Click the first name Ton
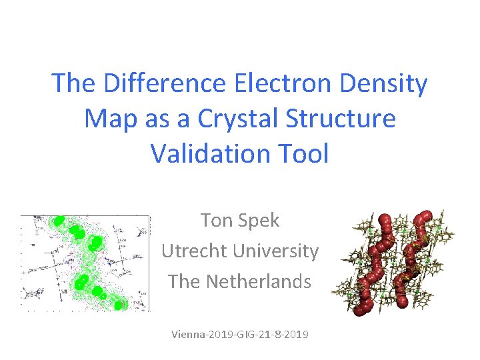[x=217, y=221]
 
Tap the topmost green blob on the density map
[x=59, y=221]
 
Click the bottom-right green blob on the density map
[x=119, y=305]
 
